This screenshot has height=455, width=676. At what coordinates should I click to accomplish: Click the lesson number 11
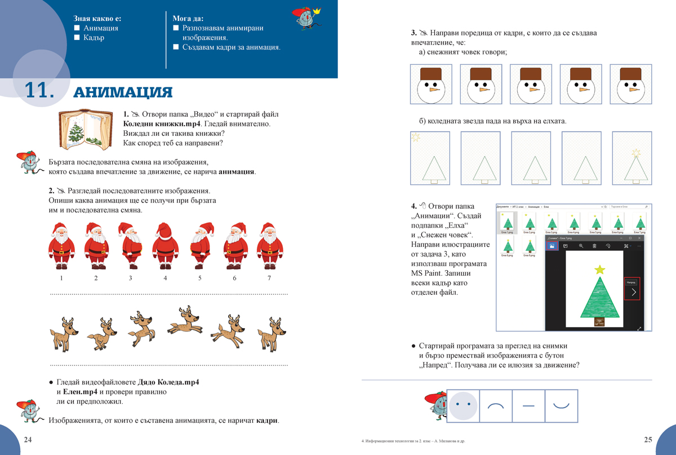[x=38, y=91]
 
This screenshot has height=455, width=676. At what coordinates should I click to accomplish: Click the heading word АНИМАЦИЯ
[x=123, y=92]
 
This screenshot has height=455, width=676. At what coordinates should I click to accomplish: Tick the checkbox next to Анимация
[x=77, y=28]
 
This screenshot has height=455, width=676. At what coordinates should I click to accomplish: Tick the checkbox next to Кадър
[x=77, y=38]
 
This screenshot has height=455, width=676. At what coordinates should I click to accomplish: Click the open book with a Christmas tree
[x=84, y=131]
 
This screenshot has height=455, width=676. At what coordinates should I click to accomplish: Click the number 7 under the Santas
[x=269, y=278]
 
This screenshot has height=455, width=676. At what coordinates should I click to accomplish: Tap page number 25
[x=647, y=440]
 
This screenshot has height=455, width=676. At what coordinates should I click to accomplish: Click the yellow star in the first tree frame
[x=416, y=137]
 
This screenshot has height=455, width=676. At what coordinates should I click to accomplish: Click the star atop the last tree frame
[x=637, y=152]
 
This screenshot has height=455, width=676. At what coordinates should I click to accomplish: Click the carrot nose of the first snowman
[x=434, y=89]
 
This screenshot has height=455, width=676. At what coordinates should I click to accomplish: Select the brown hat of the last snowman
[x=630, y=74]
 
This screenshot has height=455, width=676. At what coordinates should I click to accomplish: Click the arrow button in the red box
[x=633, y=292]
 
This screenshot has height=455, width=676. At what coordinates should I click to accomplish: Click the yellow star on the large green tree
[x=600, y=270]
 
